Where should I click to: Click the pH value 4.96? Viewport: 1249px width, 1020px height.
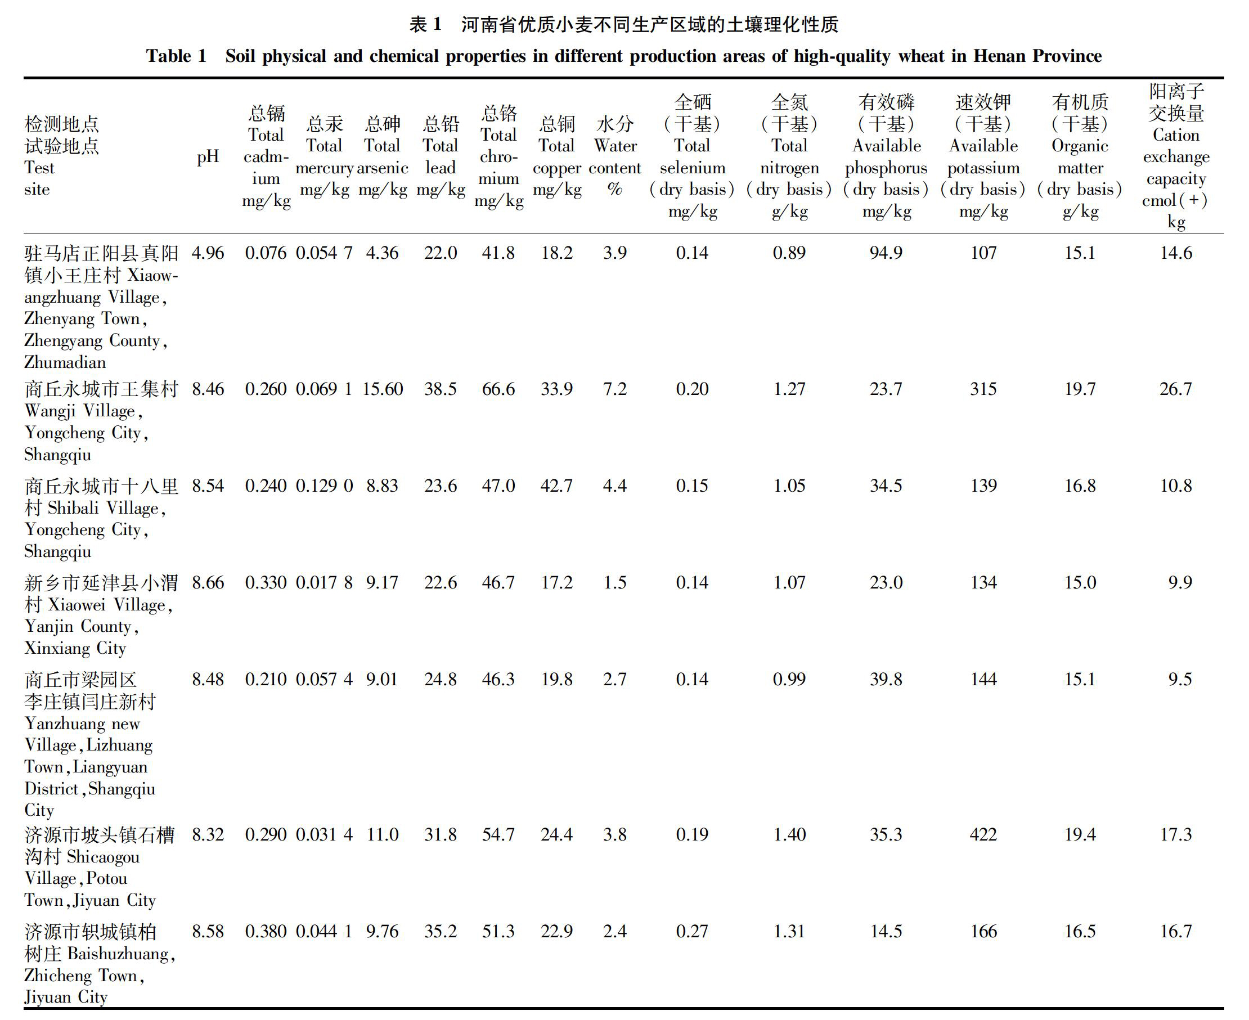point(208,253)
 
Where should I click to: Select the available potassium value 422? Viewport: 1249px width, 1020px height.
point(983,835)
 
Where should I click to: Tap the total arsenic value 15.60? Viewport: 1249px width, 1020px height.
point(383,389)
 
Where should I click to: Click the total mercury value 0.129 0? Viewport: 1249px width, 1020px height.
point(324,487)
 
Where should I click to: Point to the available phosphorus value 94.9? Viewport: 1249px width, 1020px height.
point(886,253)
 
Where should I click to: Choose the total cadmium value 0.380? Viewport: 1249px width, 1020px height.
point(266,932)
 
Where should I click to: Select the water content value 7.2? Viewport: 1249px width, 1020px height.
point(614,389)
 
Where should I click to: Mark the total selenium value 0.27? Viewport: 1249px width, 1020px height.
point(692,932)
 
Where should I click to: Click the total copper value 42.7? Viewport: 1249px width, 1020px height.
point(556,487)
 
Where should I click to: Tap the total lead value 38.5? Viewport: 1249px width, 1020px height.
point(441,389)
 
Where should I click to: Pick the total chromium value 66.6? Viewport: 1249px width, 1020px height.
point(498,389)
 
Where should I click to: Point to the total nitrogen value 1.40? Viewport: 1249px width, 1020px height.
point(789,835)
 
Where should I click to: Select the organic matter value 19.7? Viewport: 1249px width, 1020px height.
point(1080,389)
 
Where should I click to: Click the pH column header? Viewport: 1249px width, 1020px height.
point(208,157)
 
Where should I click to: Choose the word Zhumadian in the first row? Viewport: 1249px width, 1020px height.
point(65,362)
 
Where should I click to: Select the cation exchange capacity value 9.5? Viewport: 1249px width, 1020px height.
point(1180,680)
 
